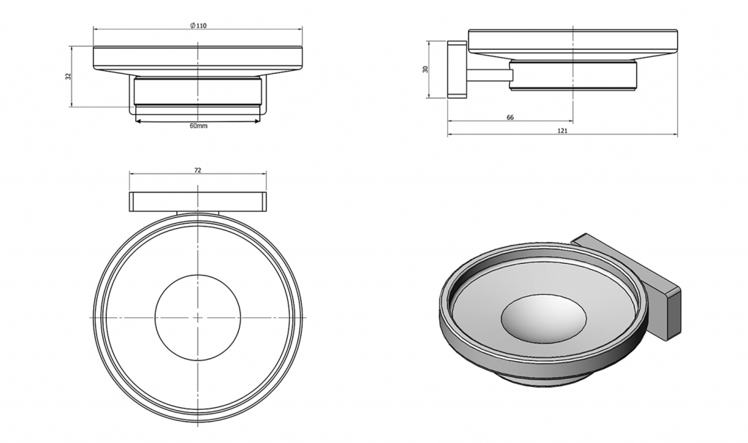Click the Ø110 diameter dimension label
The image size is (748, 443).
(x=198, y=26)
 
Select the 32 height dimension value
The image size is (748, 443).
(x=68, y=76)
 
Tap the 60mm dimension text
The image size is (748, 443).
(x=199, y=126)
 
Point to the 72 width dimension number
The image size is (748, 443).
(x=198, y=170)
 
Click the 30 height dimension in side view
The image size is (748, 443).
(x=426, y=69)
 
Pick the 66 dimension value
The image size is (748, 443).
(x=510, y=118)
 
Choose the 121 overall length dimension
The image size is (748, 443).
(x=562, y=131)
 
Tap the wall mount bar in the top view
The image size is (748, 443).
(x=198, y=202)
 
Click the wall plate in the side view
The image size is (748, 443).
(x=457, y=69)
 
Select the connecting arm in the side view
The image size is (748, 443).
(x=488, y=75)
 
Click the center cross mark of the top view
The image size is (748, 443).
(x=198, y=317)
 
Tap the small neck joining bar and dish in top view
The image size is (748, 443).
(x=198, y=213)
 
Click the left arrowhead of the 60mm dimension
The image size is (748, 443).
(x=138, y=121)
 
